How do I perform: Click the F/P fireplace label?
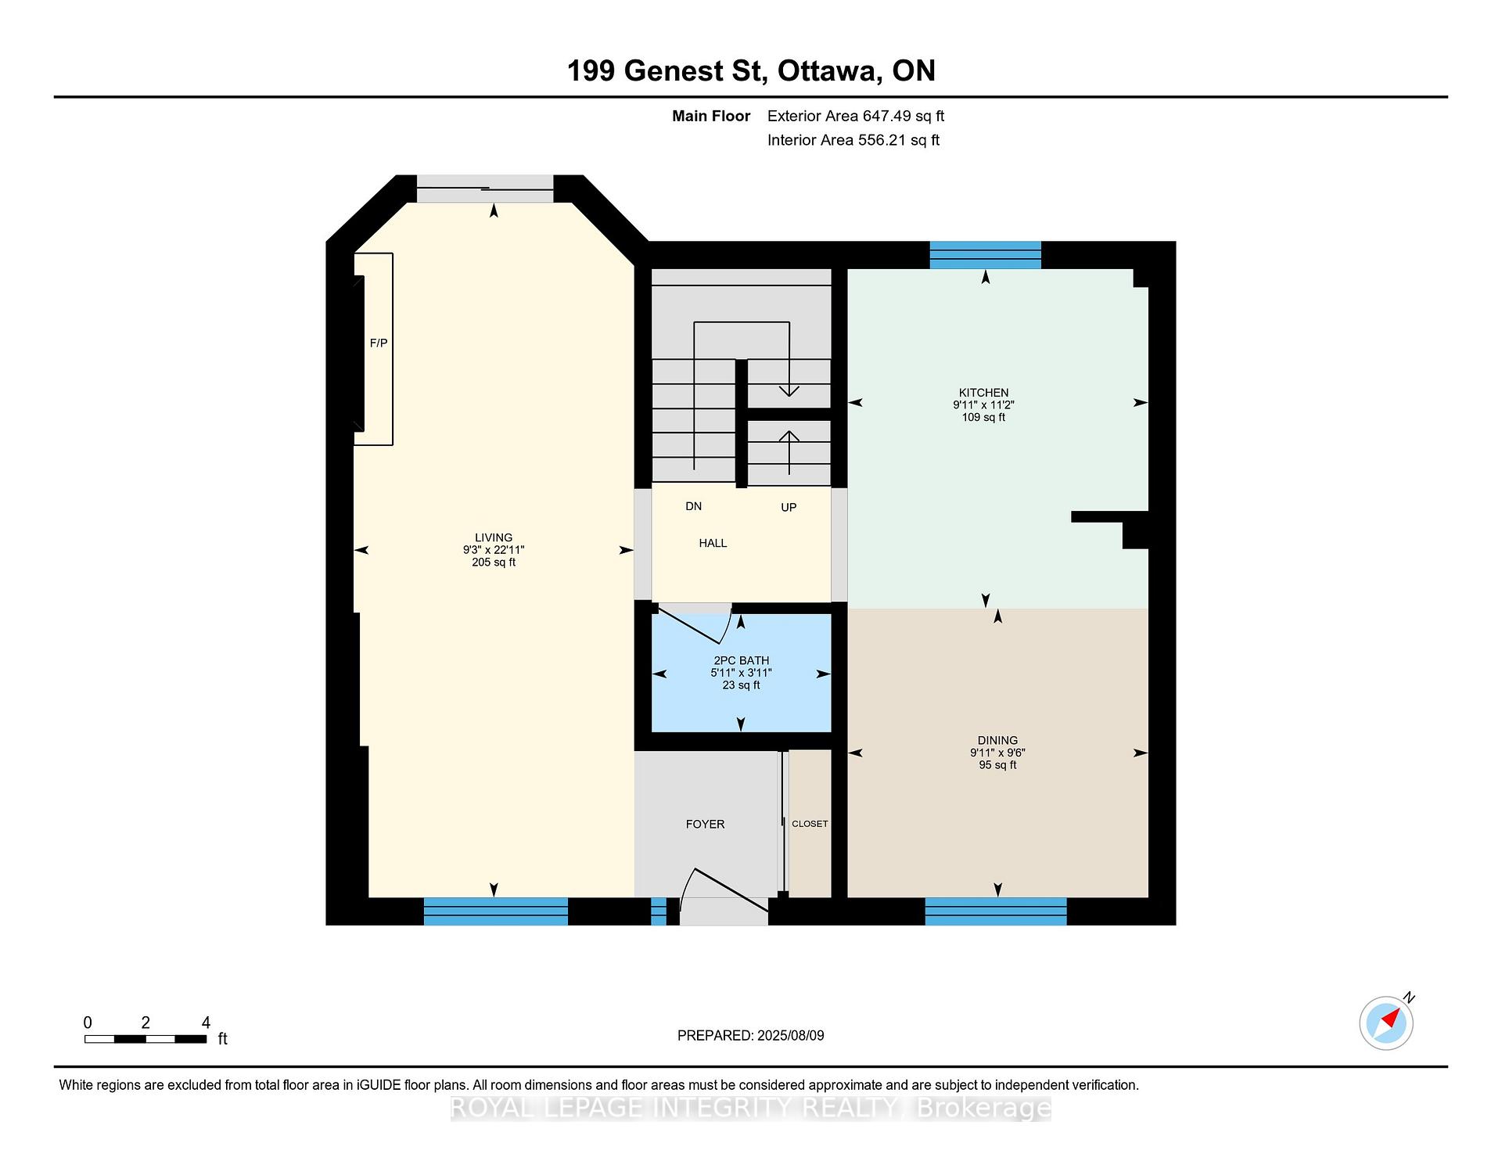click(379, 343)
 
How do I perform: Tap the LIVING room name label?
click(494, 537)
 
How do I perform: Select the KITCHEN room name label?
click(984, 393)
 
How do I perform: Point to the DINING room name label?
click(997, 740)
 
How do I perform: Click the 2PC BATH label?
click(742, 660)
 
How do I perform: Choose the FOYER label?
click(705, 824)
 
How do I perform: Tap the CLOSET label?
click(810, 824)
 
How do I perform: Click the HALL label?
click(713, 543)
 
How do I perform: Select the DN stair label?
click(693, 506)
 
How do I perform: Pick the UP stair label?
click(789, 507)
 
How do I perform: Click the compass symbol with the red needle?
click(1386, 1023)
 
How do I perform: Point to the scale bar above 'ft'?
click(146, 1039)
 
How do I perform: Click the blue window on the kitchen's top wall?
click(985, 255)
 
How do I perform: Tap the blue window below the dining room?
click(996, 911)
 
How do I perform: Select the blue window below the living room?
click(496, 911)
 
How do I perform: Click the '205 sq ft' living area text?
click(494, 563)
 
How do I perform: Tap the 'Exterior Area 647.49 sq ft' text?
click(856, 116)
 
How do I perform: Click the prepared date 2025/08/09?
click(790, 1035)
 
